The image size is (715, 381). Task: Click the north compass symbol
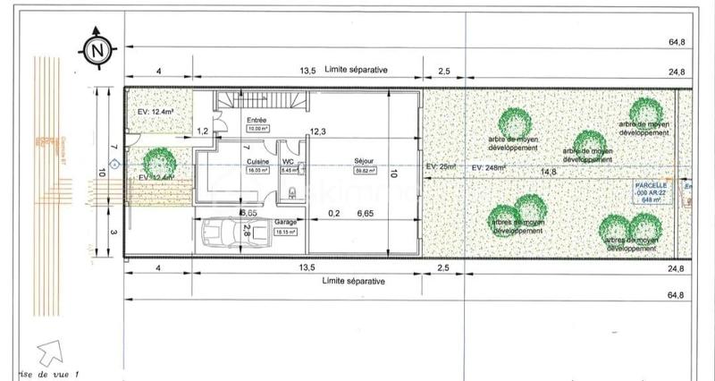click(94, 48)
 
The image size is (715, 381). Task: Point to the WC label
click(288, 162)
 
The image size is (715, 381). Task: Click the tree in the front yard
click(159, 162)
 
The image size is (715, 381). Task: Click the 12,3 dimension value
click(319, 131)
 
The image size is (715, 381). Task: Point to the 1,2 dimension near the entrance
click(203, 131)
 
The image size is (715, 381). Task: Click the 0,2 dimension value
click(334, 213)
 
